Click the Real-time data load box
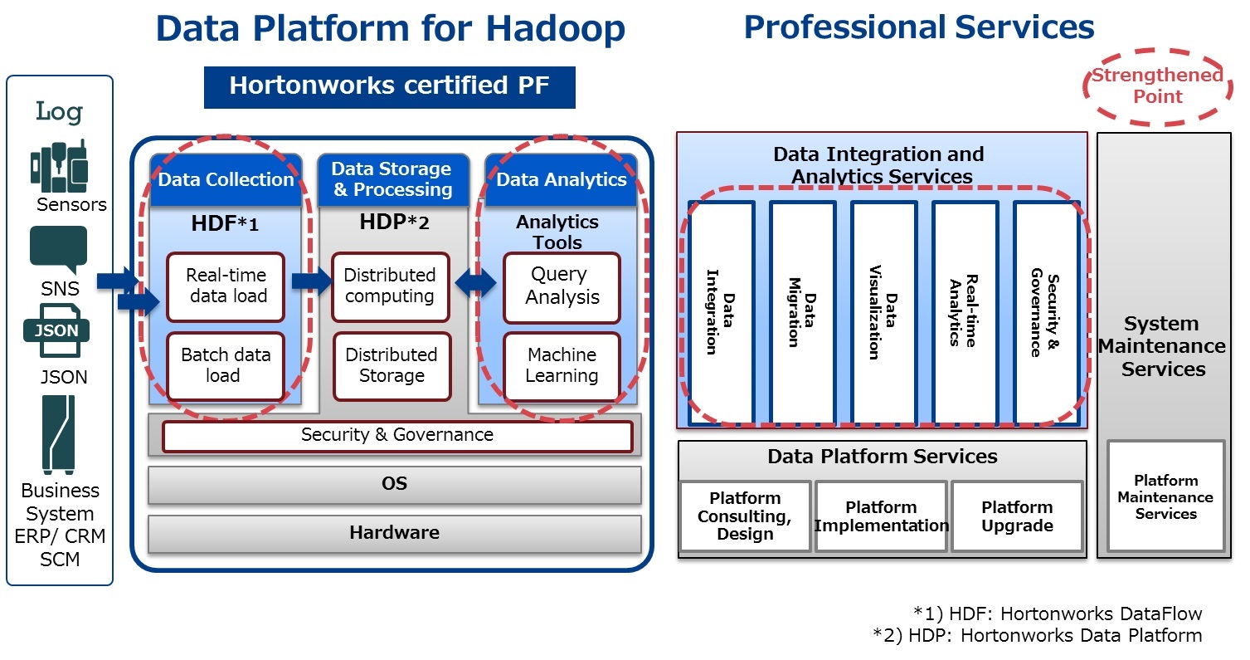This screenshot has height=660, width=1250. [226, 287]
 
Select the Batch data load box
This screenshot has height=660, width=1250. [226, 366]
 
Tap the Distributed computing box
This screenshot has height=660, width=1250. [390, 287]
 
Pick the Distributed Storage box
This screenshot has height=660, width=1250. [392, 366]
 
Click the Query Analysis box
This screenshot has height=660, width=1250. [562, 287]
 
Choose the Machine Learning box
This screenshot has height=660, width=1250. [562, 366]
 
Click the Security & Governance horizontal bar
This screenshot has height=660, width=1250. [397, 436]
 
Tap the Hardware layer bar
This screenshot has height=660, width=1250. [395, 533]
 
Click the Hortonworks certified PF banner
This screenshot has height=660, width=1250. [390, 87]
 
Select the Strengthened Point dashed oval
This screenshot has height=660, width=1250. [1157, 86]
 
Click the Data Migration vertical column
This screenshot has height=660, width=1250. [802, 313]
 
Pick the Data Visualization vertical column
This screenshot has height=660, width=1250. [884, 313]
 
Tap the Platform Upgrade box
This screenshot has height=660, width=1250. [1017, 516]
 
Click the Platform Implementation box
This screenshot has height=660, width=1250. [881, 516]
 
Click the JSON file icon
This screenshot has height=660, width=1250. [56, 330]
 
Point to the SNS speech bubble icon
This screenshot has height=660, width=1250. [59, 250]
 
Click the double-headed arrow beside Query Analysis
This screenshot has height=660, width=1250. [475, 282]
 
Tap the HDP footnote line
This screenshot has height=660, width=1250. [1038, 635]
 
